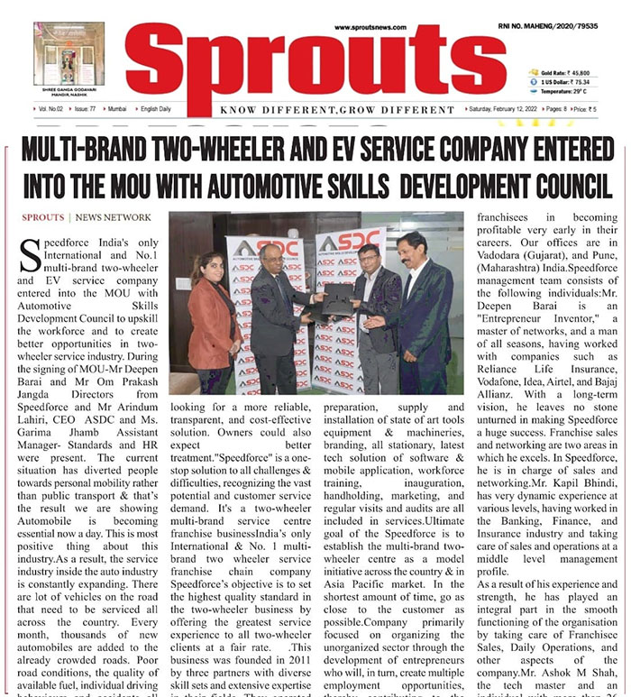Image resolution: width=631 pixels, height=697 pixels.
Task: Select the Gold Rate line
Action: pos(564,70)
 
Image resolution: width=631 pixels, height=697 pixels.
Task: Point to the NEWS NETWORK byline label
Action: pos(114,217)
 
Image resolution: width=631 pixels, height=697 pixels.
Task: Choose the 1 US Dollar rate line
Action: pos(564,81)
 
